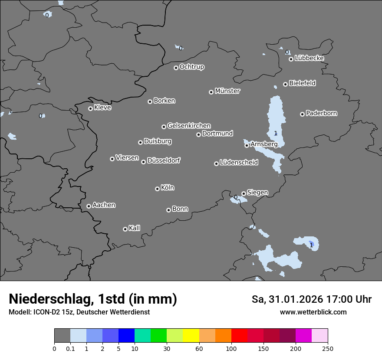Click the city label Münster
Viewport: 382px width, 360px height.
tap(227, 91)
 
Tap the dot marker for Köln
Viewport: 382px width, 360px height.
tap(157, 189)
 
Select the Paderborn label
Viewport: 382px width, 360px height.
tap(322, 113)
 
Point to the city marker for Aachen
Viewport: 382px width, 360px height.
tap(89, 206)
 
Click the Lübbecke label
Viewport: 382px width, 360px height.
tap(310, 58)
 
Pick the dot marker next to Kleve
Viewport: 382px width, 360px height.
tap(90, 108)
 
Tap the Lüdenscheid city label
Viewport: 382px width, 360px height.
tap(239, 163)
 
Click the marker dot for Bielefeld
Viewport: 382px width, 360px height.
tap(285, 84)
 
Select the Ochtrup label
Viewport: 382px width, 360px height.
tap(192, 67)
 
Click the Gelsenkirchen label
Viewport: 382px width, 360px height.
tap(189, 126)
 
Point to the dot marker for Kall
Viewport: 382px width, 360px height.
tap(125, 229)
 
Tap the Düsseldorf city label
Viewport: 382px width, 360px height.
tap(164, 160)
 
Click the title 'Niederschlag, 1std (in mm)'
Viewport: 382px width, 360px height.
tap(93, 299)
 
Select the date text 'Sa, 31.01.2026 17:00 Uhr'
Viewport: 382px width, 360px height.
tap(312, 299)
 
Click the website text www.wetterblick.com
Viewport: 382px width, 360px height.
tap(313, 312)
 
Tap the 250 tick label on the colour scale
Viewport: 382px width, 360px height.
tap(328, 348)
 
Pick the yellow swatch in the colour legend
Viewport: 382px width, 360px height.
tap(191, 336)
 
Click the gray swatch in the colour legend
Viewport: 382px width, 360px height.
tap(62, 336)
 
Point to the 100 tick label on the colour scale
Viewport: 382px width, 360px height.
tap(231, 348)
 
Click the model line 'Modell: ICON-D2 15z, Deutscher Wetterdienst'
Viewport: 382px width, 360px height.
tap(79, 312)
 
